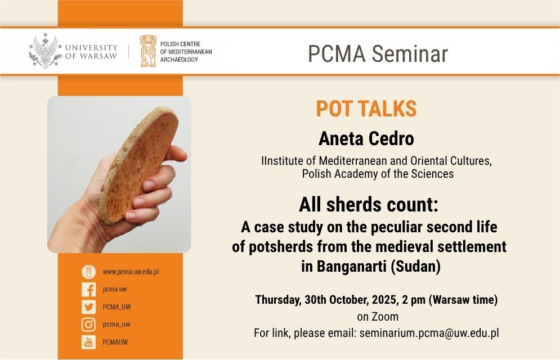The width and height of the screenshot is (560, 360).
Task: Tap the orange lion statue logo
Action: click(x=148, y=51)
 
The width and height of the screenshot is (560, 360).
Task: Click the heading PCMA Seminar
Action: click(x=378, y=53)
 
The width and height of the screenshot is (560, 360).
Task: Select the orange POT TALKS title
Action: click(x=366, y=109)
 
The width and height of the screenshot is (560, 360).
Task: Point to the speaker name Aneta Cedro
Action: click(x=366, y=138)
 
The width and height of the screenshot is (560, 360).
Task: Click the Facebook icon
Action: click(x=88, y=289)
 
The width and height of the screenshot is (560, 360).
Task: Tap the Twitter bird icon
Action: click(x=88, y=307)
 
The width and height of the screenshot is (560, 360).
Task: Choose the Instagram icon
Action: click(x=88, y=325)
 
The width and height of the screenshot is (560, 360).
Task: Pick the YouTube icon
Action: click(x=88, y=342)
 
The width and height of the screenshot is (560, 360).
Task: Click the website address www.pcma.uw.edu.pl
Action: click(x=131, y=272)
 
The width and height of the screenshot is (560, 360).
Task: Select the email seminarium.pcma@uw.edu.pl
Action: click(x=429, y=333)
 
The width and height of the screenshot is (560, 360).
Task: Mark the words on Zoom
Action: click(x=378, y=317)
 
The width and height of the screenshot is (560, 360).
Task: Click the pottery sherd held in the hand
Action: click(x=139, y=165)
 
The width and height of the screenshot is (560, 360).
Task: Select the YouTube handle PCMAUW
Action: click(x=115, y=342)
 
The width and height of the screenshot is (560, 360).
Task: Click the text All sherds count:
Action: click(x=369, y=205)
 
